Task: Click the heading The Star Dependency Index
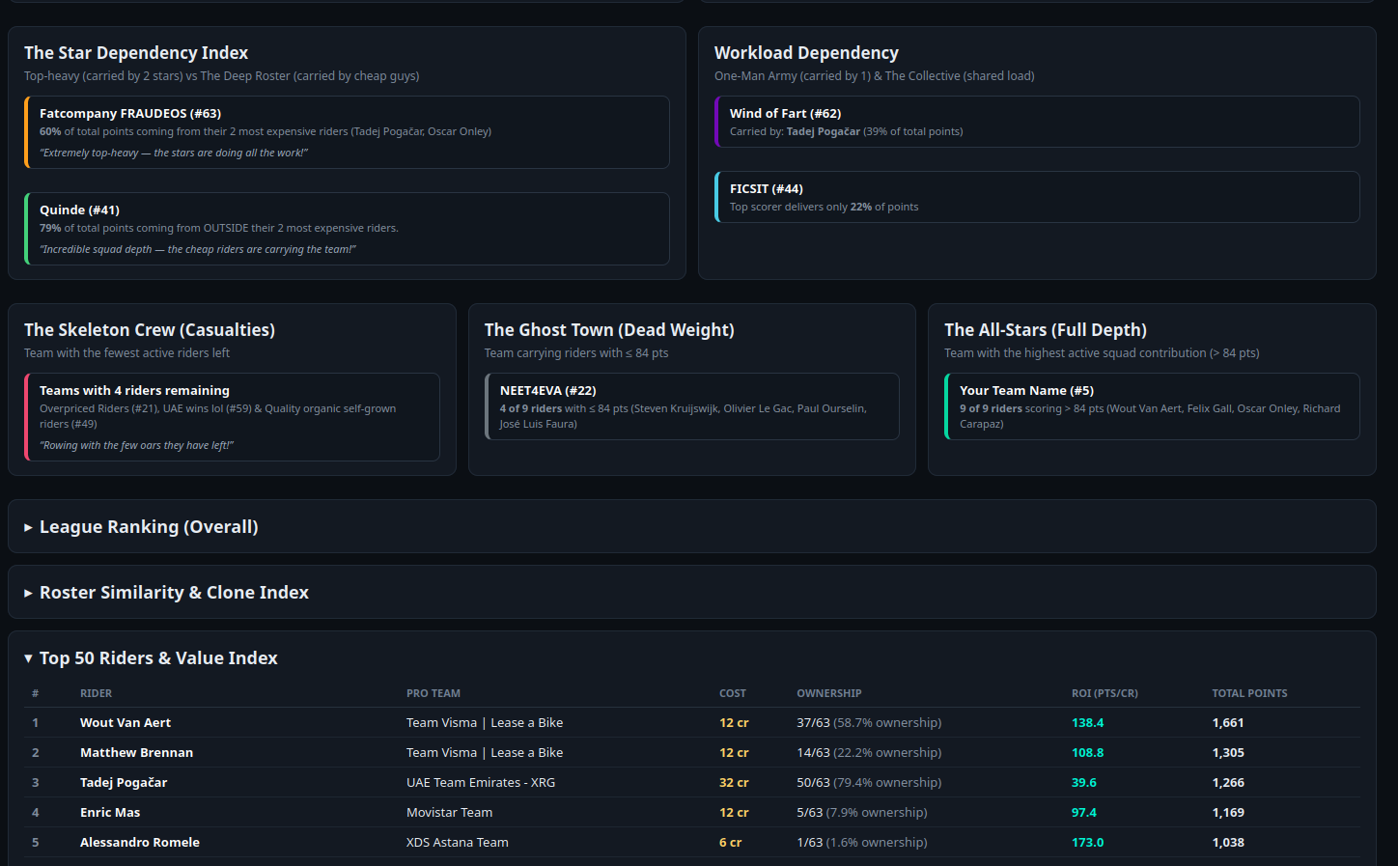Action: coord(136,53)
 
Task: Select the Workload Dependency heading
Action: coord(806,53)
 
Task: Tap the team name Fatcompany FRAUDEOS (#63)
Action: coord(130,114)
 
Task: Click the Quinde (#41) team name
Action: coord(79,210)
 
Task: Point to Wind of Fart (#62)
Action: coord(785,114)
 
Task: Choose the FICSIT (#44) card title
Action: coord(767,189)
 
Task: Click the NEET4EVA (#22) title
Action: coord(548,391)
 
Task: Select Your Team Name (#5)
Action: coord(1026,391)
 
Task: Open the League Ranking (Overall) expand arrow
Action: coord(28,527)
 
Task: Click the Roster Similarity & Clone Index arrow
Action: coord(28,593)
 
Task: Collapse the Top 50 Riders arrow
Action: coord(28,658)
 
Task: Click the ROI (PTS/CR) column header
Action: coord(1104,693)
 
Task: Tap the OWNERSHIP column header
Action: coord(828,693)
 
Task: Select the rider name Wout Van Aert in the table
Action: coord(126,722)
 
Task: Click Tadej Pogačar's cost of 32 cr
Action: coord(734,782)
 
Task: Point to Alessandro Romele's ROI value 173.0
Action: coord(1087,842)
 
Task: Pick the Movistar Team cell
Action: coord(449,812)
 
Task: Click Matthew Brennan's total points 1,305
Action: coord(1228,752)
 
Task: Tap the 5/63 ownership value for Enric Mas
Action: coord(809,812)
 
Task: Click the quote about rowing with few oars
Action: coord(137,445)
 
